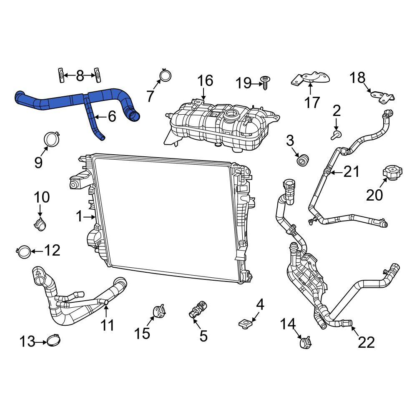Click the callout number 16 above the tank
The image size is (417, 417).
tap(205, 80)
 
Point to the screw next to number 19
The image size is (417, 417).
tap(265, 83)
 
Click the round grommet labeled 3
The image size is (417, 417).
tap(302, 160)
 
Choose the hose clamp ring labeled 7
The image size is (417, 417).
tap(166, 75)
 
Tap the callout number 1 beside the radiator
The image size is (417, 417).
tap(80, 216)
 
